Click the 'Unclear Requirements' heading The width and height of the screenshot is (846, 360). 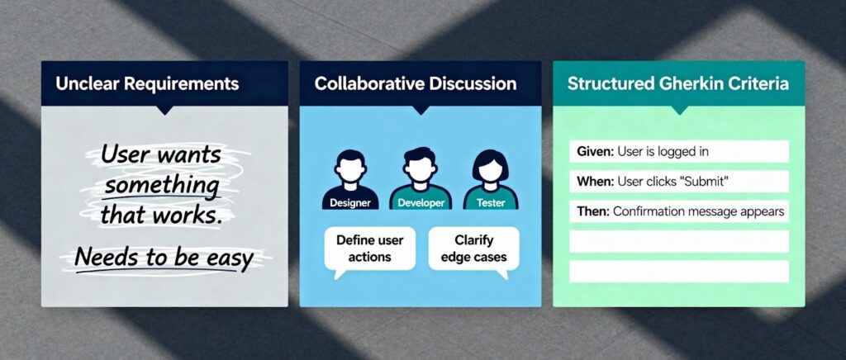[147, 84]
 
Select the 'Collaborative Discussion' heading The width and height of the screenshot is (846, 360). [416, 83]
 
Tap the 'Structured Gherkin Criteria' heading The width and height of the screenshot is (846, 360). [677, 84]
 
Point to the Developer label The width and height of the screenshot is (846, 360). [421, 202]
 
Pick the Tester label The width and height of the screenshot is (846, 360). [491, 202]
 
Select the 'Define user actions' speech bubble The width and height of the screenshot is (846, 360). [369, 249]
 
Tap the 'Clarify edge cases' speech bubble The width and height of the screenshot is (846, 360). [473, 249]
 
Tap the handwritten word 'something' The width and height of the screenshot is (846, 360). [162, 186]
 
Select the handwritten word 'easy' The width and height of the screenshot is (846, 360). [230, 258]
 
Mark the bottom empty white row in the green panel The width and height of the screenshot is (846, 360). [679, 271]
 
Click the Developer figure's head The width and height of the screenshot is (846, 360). [420, 165]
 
